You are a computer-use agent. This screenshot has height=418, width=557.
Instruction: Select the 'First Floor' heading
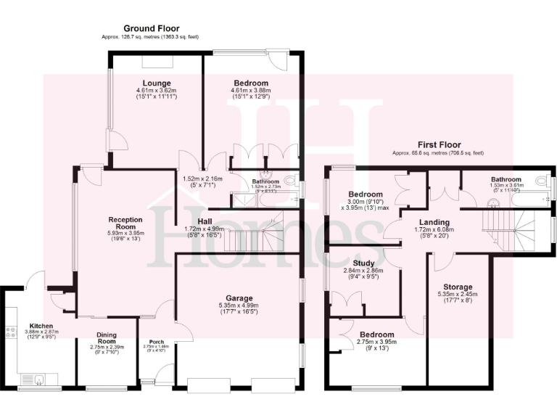[438, 145]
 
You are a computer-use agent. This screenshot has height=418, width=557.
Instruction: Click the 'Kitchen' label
[41, 326]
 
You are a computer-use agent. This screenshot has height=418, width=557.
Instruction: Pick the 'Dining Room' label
[107, 338]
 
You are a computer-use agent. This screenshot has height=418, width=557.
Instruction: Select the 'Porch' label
[157, 342]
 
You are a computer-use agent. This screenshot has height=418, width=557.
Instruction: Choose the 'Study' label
[362, 263]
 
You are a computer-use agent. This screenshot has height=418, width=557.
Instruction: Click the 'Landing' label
[434, 222]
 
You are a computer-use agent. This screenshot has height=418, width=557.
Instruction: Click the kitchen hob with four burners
[12, 333]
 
